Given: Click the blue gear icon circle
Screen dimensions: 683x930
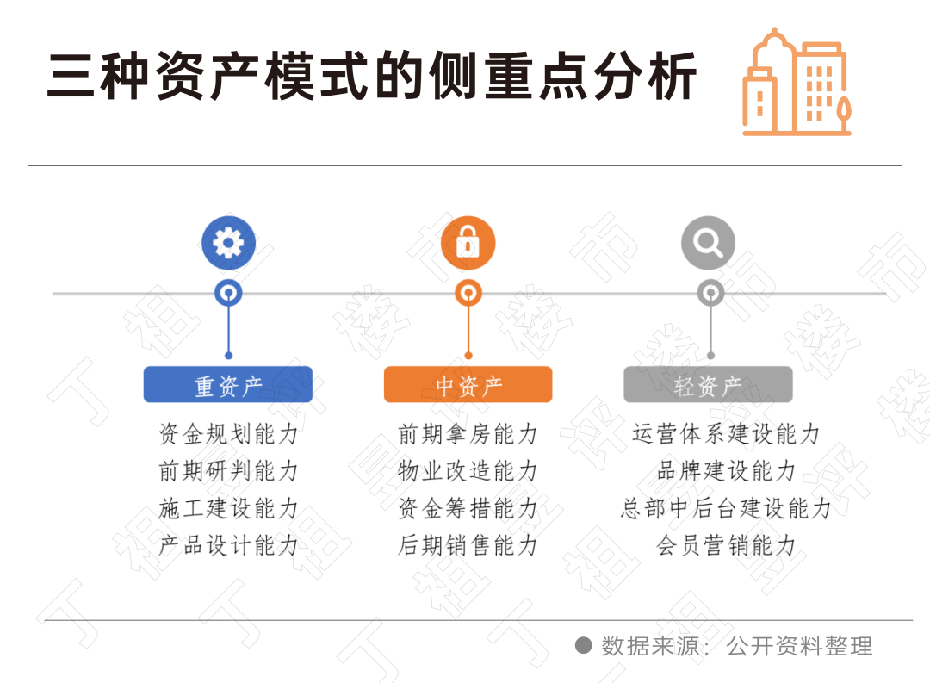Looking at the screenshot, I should coord(228,244).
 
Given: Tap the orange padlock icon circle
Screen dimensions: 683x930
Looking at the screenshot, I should coord(468,244).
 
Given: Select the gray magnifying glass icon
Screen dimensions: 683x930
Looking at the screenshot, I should coord(708,244).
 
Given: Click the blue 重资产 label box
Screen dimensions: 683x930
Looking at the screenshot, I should coord(227,385).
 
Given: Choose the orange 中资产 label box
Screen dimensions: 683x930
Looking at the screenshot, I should coord(468,385).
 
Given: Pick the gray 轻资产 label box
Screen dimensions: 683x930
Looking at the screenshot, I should coord(708,385).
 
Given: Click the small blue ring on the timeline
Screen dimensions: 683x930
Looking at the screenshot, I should coord(228,293).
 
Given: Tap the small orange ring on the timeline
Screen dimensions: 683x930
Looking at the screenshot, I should coord(468,293).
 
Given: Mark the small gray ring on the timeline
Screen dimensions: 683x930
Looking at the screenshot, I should coord(710,293).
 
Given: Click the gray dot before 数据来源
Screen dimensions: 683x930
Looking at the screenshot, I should coord(583,645).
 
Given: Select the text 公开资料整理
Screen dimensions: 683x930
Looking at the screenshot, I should coord(799,646).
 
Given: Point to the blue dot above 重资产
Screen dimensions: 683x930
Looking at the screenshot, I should coord(228,355).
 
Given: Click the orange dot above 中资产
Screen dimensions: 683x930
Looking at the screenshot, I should coord(468,355).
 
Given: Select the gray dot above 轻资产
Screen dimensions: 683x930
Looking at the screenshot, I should coord(710,355).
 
